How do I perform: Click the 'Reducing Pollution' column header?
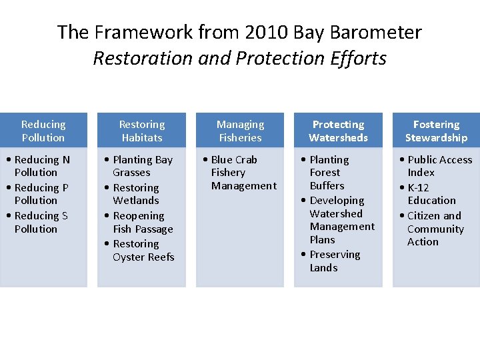tap(43, 131)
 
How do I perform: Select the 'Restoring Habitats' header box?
tap(141, 131)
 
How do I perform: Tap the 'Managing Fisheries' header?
tap(240, 131)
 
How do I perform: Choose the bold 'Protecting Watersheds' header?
tap(338, 131)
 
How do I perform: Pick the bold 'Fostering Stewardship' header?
tap(436, 131)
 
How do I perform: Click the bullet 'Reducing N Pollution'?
tap(41, 166)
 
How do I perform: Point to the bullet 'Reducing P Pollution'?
tap(41, 194)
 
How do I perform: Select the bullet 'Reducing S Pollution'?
tap(41, 222)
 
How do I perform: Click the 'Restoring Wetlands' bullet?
tap(136, 194)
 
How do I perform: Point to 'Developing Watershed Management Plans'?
tap(340, 220)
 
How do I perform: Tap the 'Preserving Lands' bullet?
tap(333, 261)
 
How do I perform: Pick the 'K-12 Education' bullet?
tap(431, 194)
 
